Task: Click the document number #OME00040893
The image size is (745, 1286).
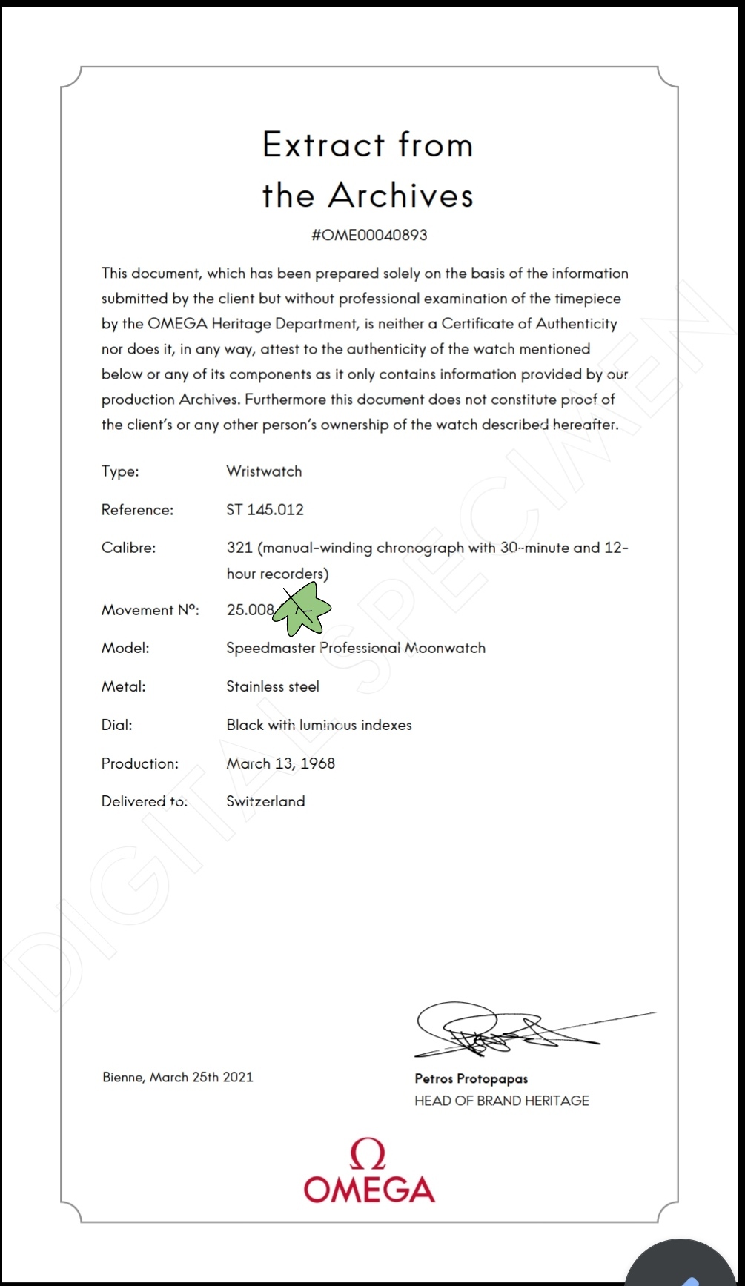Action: click(369, 235)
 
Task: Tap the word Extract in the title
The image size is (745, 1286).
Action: click(324, 145)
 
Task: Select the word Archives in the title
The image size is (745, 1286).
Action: click(400, 195)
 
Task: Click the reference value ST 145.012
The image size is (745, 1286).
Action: click(265, 510)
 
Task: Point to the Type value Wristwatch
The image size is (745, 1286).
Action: click(264, 471)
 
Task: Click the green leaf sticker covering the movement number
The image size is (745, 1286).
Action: click(301, 609)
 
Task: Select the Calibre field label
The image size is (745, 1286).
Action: click(128, 548)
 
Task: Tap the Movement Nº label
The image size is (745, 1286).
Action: click(150, 610)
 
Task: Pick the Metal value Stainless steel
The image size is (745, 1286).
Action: click(273, 686)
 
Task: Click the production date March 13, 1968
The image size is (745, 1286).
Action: click(280, 763)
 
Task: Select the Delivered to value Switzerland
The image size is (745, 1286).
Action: click(265, 801)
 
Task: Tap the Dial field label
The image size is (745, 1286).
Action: click(116, 725)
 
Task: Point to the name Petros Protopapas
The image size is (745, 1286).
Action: click(471, 1078)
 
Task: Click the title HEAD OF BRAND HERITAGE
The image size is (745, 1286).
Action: click(501, 1101)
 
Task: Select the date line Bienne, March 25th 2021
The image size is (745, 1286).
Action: click(178, 1077)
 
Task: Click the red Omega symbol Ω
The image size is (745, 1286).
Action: click(368, 1154)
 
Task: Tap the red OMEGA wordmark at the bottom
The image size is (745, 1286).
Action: click(368, 1189)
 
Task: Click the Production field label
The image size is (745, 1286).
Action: click(139, 763)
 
